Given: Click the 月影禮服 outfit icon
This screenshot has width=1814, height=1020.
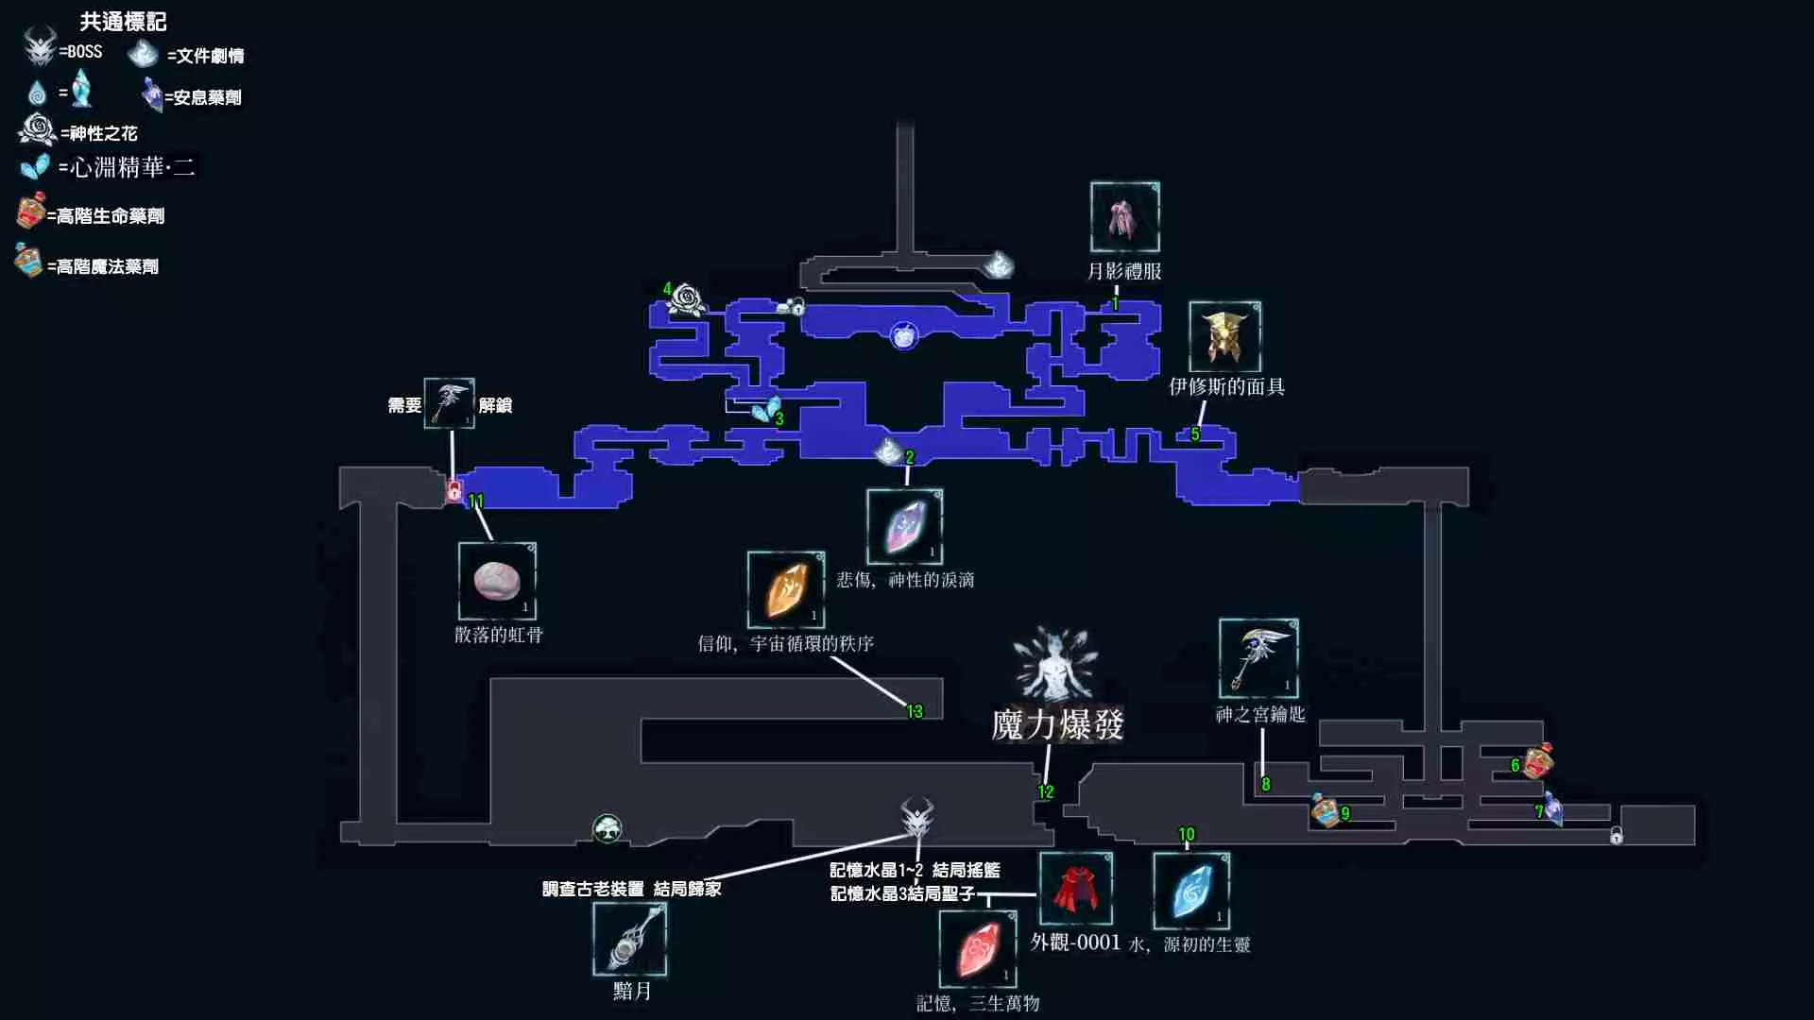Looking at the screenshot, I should (x=1124, y=217).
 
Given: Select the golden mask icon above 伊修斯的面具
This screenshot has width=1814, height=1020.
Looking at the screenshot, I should (x=1224, y=337).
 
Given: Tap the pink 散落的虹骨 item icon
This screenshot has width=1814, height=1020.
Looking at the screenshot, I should (x=497, y=581).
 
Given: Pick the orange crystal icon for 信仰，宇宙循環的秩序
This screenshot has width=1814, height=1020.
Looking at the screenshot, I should (x=786, y=590).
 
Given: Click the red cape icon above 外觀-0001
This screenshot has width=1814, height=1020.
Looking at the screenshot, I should (x=1075, y=889).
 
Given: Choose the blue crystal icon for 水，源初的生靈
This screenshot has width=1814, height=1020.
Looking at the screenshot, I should (x=1191, y=891).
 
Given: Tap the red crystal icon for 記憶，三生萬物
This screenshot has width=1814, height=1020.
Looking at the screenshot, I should (x=978, y=948).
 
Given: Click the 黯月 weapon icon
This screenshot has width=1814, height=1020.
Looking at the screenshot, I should (x=630, y=939).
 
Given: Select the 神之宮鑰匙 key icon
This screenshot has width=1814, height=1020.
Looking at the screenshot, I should (x=1258, y=658).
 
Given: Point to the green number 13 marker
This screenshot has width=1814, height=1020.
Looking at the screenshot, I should (x=915, y=711).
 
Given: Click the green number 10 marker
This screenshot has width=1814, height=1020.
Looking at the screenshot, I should (x=1187, y=834).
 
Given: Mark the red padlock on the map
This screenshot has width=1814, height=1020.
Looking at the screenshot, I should (x=454, y=490).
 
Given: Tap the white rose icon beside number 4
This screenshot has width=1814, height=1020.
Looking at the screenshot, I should (x=687, y=299).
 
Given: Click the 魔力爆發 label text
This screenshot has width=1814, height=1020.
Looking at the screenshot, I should (x=1057, y=725).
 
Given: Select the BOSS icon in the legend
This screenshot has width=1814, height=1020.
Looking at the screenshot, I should (x=40, y=47).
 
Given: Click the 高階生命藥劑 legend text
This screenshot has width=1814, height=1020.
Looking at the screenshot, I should (x=110, y=216).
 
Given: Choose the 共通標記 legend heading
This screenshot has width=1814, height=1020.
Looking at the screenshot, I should (x=123, y=21).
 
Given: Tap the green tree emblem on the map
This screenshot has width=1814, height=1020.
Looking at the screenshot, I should (x=608, y=829).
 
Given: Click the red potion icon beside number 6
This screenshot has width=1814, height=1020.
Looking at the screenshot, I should (x=1538, y=761).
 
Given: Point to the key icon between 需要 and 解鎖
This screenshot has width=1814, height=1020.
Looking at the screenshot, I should (x=450, y=403).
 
